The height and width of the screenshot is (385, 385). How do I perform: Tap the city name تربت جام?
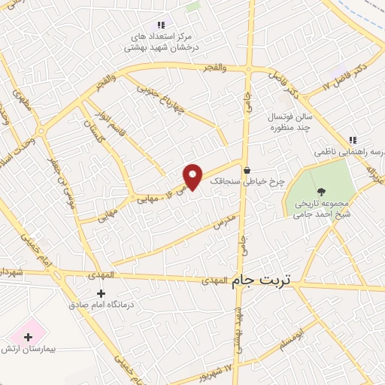tap(265, 279)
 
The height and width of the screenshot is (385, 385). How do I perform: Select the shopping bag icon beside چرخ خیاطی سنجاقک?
tap(247, 170)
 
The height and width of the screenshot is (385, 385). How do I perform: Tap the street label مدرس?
tap(224, 220)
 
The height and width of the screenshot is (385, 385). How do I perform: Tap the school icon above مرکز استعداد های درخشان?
tap(161, 25)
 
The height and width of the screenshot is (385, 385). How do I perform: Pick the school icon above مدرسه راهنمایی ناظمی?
tap(353, 141)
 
